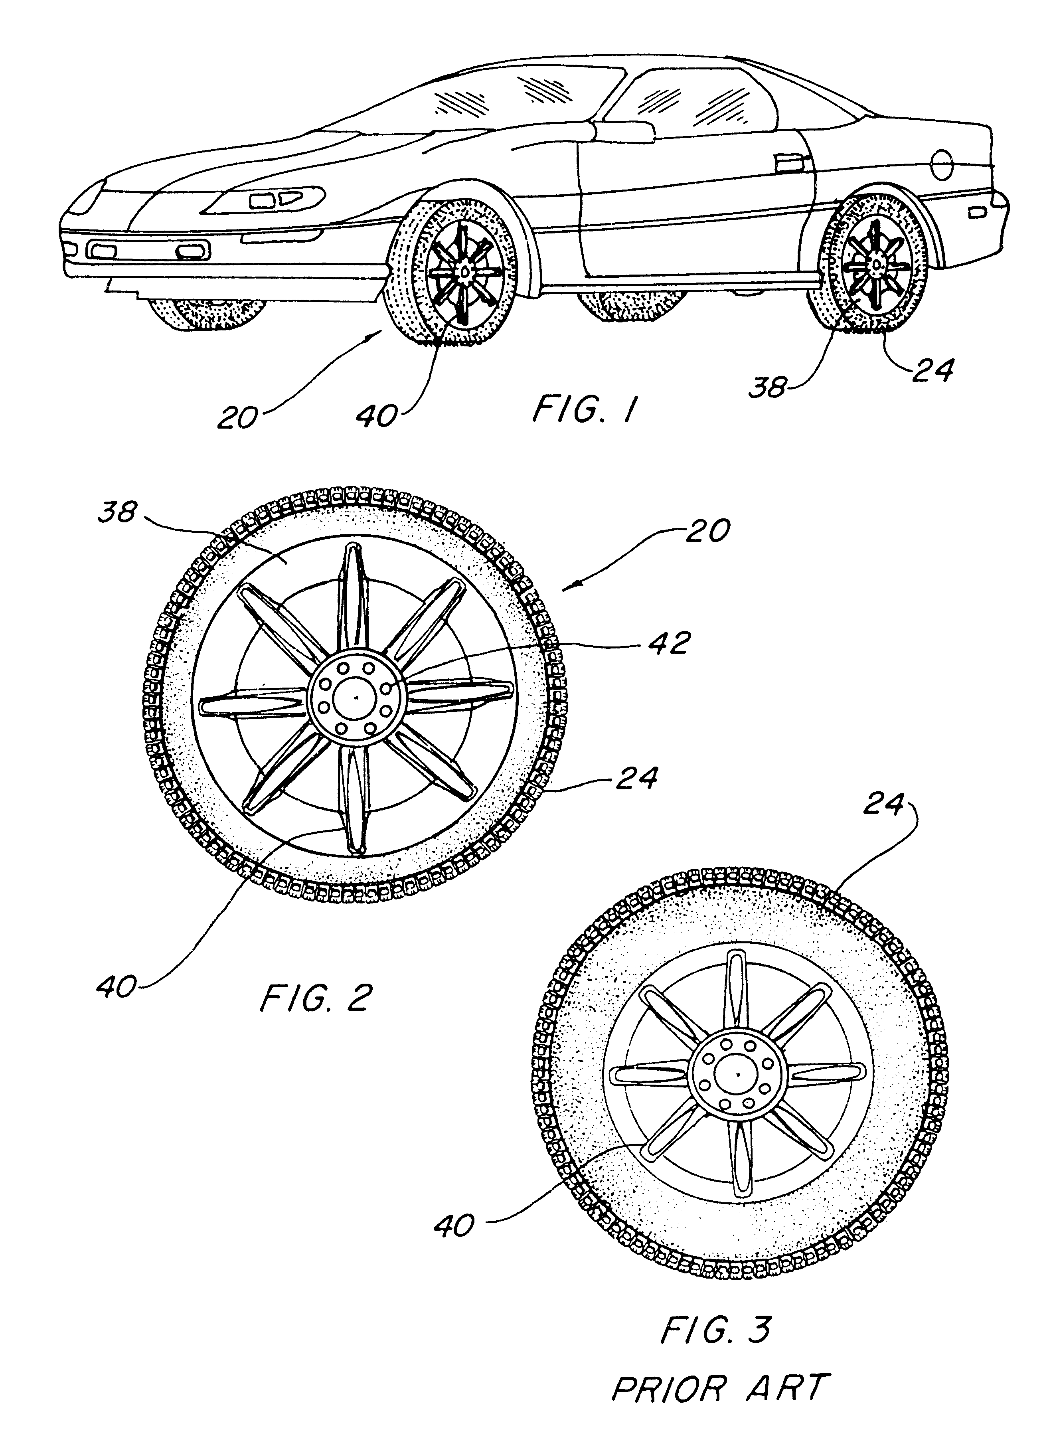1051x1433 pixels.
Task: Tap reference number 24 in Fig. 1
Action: click(x=932, y=371)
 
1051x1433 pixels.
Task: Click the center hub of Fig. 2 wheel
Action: click(x=356, y=698)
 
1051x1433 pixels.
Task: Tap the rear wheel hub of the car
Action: click(x=876, y=262)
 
